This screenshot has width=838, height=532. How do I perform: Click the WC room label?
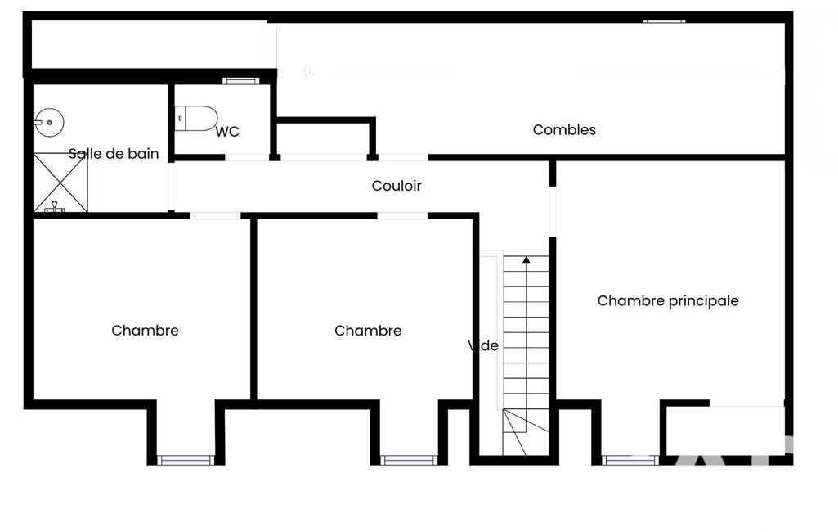pos(227,132)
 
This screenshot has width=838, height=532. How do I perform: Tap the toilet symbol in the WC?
pos(196,119)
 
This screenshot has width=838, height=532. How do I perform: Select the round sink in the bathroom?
pos(50,123)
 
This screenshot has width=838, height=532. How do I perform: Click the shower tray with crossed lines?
pos(60,183)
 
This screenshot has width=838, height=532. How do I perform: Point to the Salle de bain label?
pos(114,154)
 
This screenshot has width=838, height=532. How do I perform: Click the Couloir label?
pos(397,186)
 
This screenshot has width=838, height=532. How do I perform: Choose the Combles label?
pos(564,129)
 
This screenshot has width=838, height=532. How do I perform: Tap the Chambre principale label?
pos(668,301)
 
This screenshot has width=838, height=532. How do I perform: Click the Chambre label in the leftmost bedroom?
pos(145,331)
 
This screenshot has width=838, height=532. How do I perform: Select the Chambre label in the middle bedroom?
pos(368,331)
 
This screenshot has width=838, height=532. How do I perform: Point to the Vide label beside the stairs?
pos(483,345)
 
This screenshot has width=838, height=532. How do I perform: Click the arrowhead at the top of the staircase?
pos(527,259)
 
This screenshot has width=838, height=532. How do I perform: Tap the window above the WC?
pos(241,81)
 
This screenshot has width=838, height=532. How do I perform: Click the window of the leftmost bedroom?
pos(186,460)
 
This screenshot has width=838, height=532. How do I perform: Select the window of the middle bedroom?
pos(409,460)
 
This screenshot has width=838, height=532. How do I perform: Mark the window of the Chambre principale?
pos(630,460)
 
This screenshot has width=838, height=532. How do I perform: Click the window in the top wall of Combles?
pos(665,21)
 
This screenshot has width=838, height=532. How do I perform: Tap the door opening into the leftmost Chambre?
pos(215,216)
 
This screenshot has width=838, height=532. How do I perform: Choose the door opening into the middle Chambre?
pos(402,216)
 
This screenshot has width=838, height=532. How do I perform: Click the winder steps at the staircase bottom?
pos(526,432)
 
